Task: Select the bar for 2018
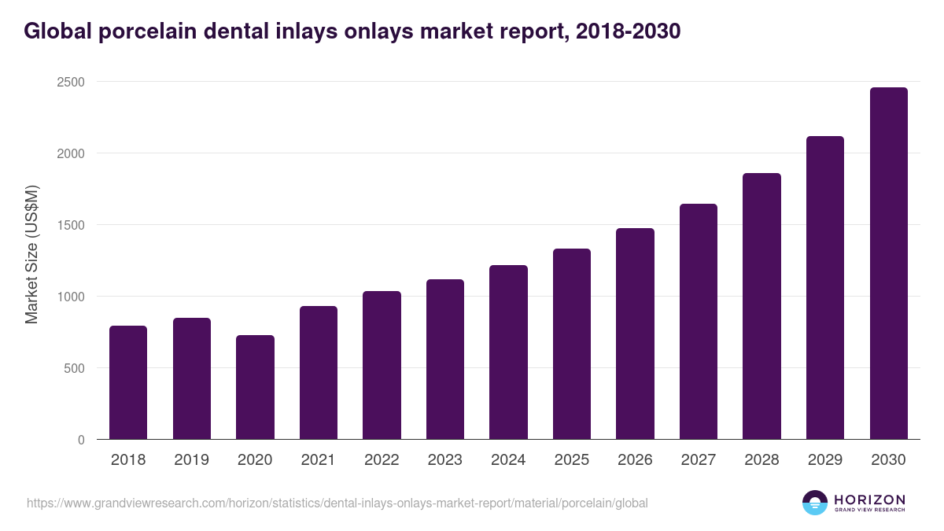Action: click(x=128, y=382)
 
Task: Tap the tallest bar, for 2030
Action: click(x=888, y=264)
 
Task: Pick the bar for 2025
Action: click(x=572, y=344)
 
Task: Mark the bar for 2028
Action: click(x=761, y=306)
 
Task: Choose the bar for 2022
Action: click(x=382, y=365)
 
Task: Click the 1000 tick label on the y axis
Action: click(x=70, y=297)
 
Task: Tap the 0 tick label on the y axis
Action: click(x=80, y=440)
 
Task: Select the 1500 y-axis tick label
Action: click(x=70, y=225)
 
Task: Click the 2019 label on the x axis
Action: click(x=191, y=460)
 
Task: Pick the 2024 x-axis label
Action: click(x=508, y=460)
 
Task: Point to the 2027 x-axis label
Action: click(x=698, y=460)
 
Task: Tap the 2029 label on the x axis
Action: click(x=824, y=460)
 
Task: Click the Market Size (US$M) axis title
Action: click(x=31, y=254)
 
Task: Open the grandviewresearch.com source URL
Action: click(x=337, y=503)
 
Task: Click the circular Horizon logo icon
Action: click(x=815, y=503)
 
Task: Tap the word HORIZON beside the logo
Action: click(x=869, y=499)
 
